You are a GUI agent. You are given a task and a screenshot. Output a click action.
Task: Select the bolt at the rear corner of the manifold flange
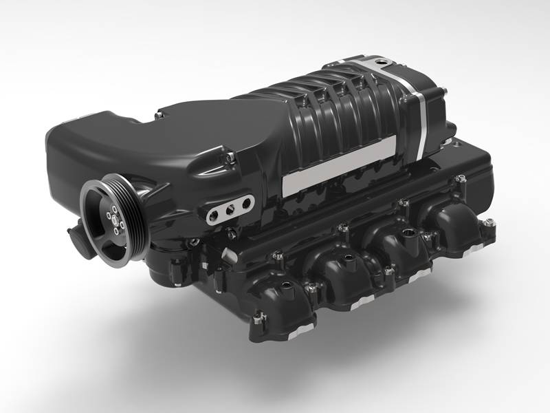point(489,222)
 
